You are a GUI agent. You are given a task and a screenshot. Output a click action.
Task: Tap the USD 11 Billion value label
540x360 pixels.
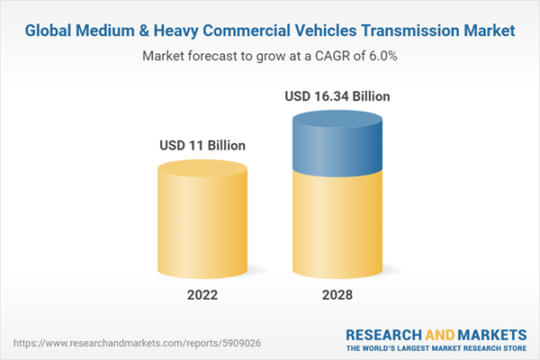pyautogui.click(x=202, y=145)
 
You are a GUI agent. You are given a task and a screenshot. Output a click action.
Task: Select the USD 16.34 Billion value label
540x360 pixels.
pyautogui.click(x=337, y=95)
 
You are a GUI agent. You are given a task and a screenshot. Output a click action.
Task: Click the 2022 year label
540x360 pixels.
pyautogui.click(x=202, y=294)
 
